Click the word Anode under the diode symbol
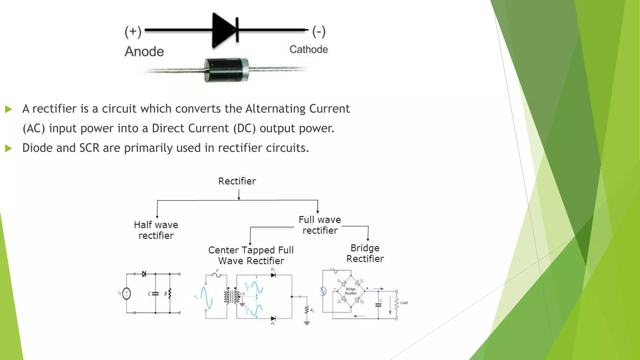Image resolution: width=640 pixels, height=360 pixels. click(144, 52)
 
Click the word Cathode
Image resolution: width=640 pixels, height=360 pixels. click(308, 49)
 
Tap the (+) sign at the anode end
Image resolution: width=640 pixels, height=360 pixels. click(133, 32)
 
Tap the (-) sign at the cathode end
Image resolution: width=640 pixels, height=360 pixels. click(319, 32)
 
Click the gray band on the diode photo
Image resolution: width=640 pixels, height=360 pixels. click(245, 70)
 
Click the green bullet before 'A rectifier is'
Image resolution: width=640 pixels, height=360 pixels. click(8, 109)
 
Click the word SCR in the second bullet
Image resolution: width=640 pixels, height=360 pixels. click(89, 148)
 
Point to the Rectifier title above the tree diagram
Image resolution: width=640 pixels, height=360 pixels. click(237, 181)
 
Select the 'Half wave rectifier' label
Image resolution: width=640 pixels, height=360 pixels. click(156, 230)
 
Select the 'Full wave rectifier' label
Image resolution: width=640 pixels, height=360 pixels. click(320, 225)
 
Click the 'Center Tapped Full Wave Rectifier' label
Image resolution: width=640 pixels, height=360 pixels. click(251, 255)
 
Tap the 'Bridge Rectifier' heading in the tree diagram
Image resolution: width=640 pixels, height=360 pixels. click(365, 253)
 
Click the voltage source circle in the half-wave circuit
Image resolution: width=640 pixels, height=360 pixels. click(127, 293)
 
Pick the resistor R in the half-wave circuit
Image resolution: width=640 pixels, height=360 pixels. click(170, 294)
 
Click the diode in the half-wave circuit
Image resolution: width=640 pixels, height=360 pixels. click(144, 274)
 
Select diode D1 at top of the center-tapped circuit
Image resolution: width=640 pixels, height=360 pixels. click(273, 275)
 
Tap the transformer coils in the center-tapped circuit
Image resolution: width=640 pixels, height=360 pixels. click(232, 296)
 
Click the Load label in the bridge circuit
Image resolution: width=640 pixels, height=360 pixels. click(404, 302)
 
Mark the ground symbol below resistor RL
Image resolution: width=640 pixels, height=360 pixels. click(307, 323)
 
